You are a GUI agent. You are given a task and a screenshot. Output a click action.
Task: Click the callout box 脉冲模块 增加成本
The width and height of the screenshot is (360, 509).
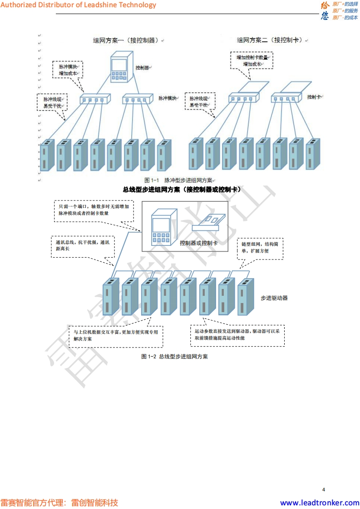(68, 69)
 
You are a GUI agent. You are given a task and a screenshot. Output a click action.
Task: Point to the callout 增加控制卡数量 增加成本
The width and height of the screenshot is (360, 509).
(252, 61)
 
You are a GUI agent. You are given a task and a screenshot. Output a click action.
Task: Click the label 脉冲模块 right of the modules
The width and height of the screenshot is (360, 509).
(167, 98)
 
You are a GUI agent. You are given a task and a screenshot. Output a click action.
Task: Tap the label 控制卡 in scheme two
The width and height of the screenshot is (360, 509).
(314, 97)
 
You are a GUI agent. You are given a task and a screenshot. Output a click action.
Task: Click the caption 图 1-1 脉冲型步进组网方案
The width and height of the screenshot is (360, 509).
(178, 180)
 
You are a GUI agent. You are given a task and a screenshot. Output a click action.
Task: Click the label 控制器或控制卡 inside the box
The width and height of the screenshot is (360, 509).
(198, 243)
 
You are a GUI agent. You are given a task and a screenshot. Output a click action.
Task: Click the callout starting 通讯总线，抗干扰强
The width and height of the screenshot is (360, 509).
(82, 245)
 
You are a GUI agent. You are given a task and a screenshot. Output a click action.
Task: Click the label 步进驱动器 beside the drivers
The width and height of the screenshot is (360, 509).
(274, 298)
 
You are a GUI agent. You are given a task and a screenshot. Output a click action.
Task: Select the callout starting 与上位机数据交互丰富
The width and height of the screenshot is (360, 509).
(116, 335)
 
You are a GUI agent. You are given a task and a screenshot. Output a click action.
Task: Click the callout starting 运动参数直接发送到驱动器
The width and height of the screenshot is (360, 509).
(237, 335)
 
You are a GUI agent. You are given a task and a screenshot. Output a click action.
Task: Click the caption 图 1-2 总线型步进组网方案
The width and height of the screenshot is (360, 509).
(175, 357)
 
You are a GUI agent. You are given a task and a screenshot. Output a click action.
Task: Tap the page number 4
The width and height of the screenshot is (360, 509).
(323, 489)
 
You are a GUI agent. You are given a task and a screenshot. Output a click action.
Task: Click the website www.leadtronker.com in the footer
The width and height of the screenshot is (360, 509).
(320, 503)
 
